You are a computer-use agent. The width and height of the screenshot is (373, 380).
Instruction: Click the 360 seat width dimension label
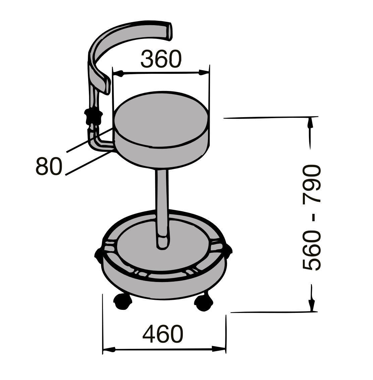pyautogui.click(x=161, y=59)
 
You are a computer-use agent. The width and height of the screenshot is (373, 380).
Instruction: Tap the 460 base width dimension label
pyautogui.click(x=163, y=334)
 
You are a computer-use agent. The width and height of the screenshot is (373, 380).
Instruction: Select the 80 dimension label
pyautogui.click(x=49, y=166)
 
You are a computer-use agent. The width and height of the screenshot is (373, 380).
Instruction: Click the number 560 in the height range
pyautogui.click(x=312, y=250)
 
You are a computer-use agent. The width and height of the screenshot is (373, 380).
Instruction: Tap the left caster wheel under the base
pyautogui.click(x=123, y=301)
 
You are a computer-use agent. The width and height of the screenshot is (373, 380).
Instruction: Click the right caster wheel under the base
pyautogui.click(x=204, y=303)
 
